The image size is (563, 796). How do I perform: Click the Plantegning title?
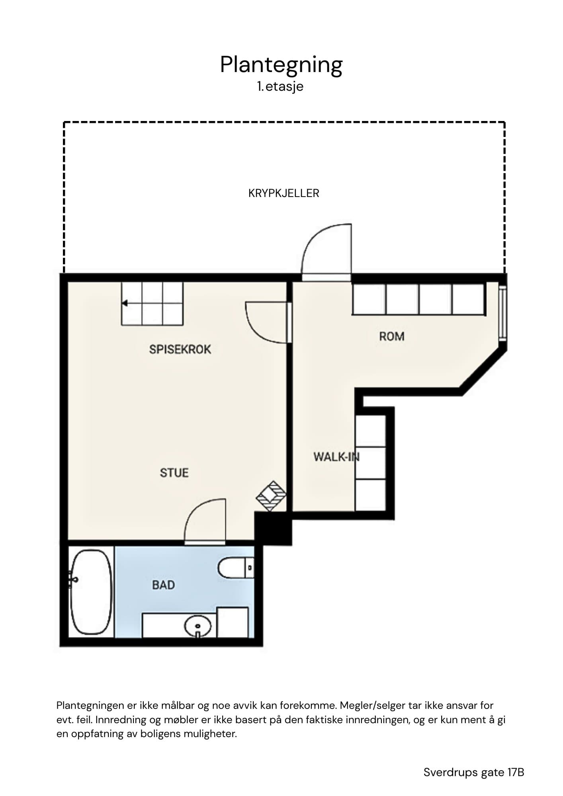pyautogui.click(x=281, y=65)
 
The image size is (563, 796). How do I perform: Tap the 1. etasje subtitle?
pyautogui.click(x=280, y=87)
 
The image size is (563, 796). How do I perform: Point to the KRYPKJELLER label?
pyautogui.click(x=284, y=193)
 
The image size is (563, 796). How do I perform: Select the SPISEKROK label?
pyautogui.click(x=180, y=349)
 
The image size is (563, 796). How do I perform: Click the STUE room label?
pyautogui.click(x=174, y=473)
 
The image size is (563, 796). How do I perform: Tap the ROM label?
pyautogui.click(x=392, y=337)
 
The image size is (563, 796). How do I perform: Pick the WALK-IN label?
pyautogui.click(x=336, y=457)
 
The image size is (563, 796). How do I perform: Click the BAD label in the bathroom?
pyautogui.click(x=164, y=585)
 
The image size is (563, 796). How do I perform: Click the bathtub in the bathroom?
pyautogui.click(x=91, y=592)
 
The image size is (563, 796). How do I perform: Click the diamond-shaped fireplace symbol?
pyautogui.click(x=271, y=496)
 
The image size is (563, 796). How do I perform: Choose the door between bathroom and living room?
pyautogui.click(x=205, y=521)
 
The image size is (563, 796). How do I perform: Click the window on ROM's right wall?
pyautogui.click(x=503, y=313)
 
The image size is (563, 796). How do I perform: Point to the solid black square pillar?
pyautogui.click(x=273, y=529)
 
